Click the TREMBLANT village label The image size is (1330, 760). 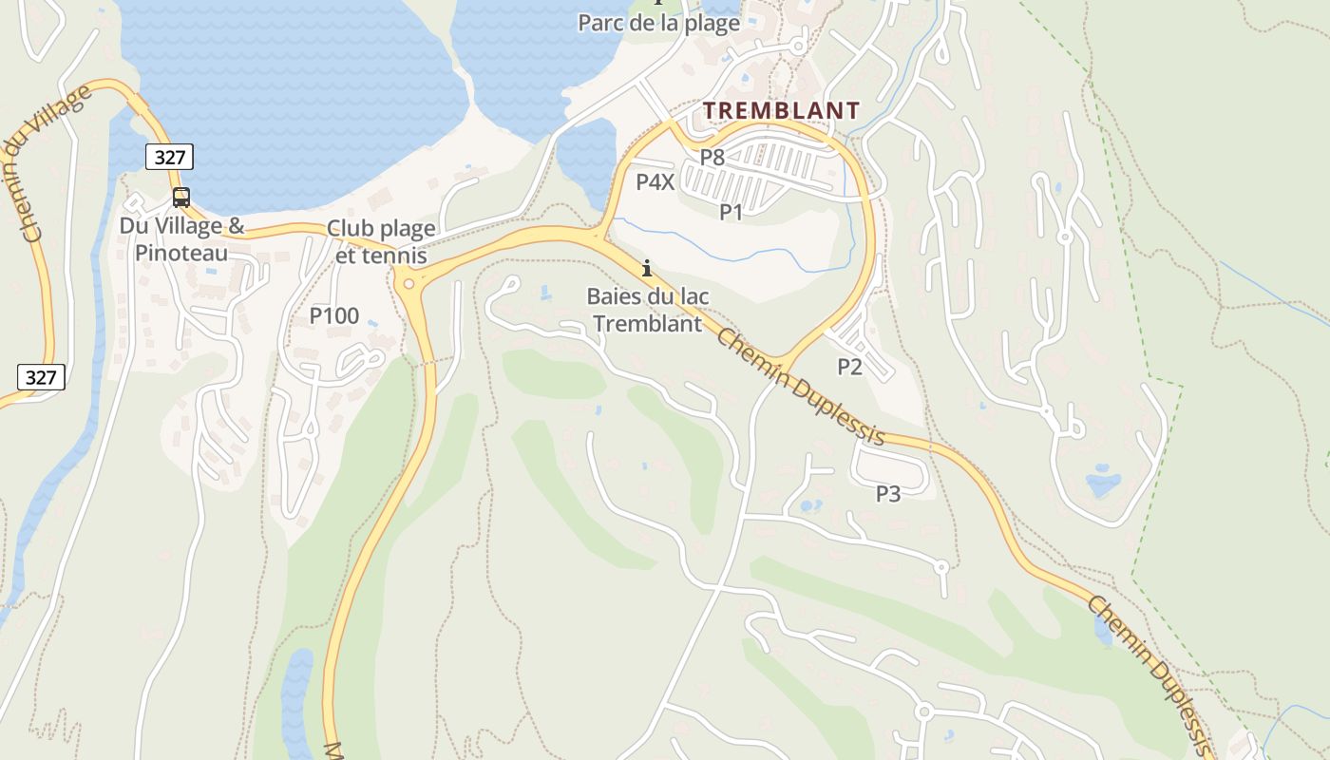(x=782, y=110)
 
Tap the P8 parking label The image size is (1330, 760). (x=712, y=158)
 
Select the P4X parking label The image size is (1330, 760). (x=655, y=182)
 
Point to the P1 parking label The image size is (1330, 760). (x=731, y=212)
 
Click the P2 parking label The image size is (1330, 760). (x=849, y=367)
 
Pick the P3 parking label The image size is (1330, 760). (x=887, y=494)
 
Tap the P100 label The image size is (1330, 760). (x=334, y=316)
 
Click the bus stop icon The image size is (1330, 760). (x=180, y=198)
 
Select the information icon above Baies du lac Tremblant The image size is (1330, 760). (x=647, y=268)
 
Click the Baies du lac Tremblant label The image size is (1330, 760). (x=647, y=310)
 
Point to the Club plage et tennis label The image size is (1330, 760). (x=381, y=242)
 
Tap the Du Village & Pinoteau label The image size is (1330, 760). (x=181, y=239)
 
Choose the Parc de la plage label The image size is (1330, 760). (x=658, y=24)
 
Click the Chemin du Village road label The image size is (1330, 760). (x=57, y=161)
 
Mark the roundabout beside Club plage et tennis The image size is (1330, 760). (x=408, y=283)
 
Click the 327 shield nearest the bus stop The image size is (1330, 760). (x=169, y=157)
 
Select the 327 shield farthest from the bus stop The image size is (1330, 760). (x=41, y=377)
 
